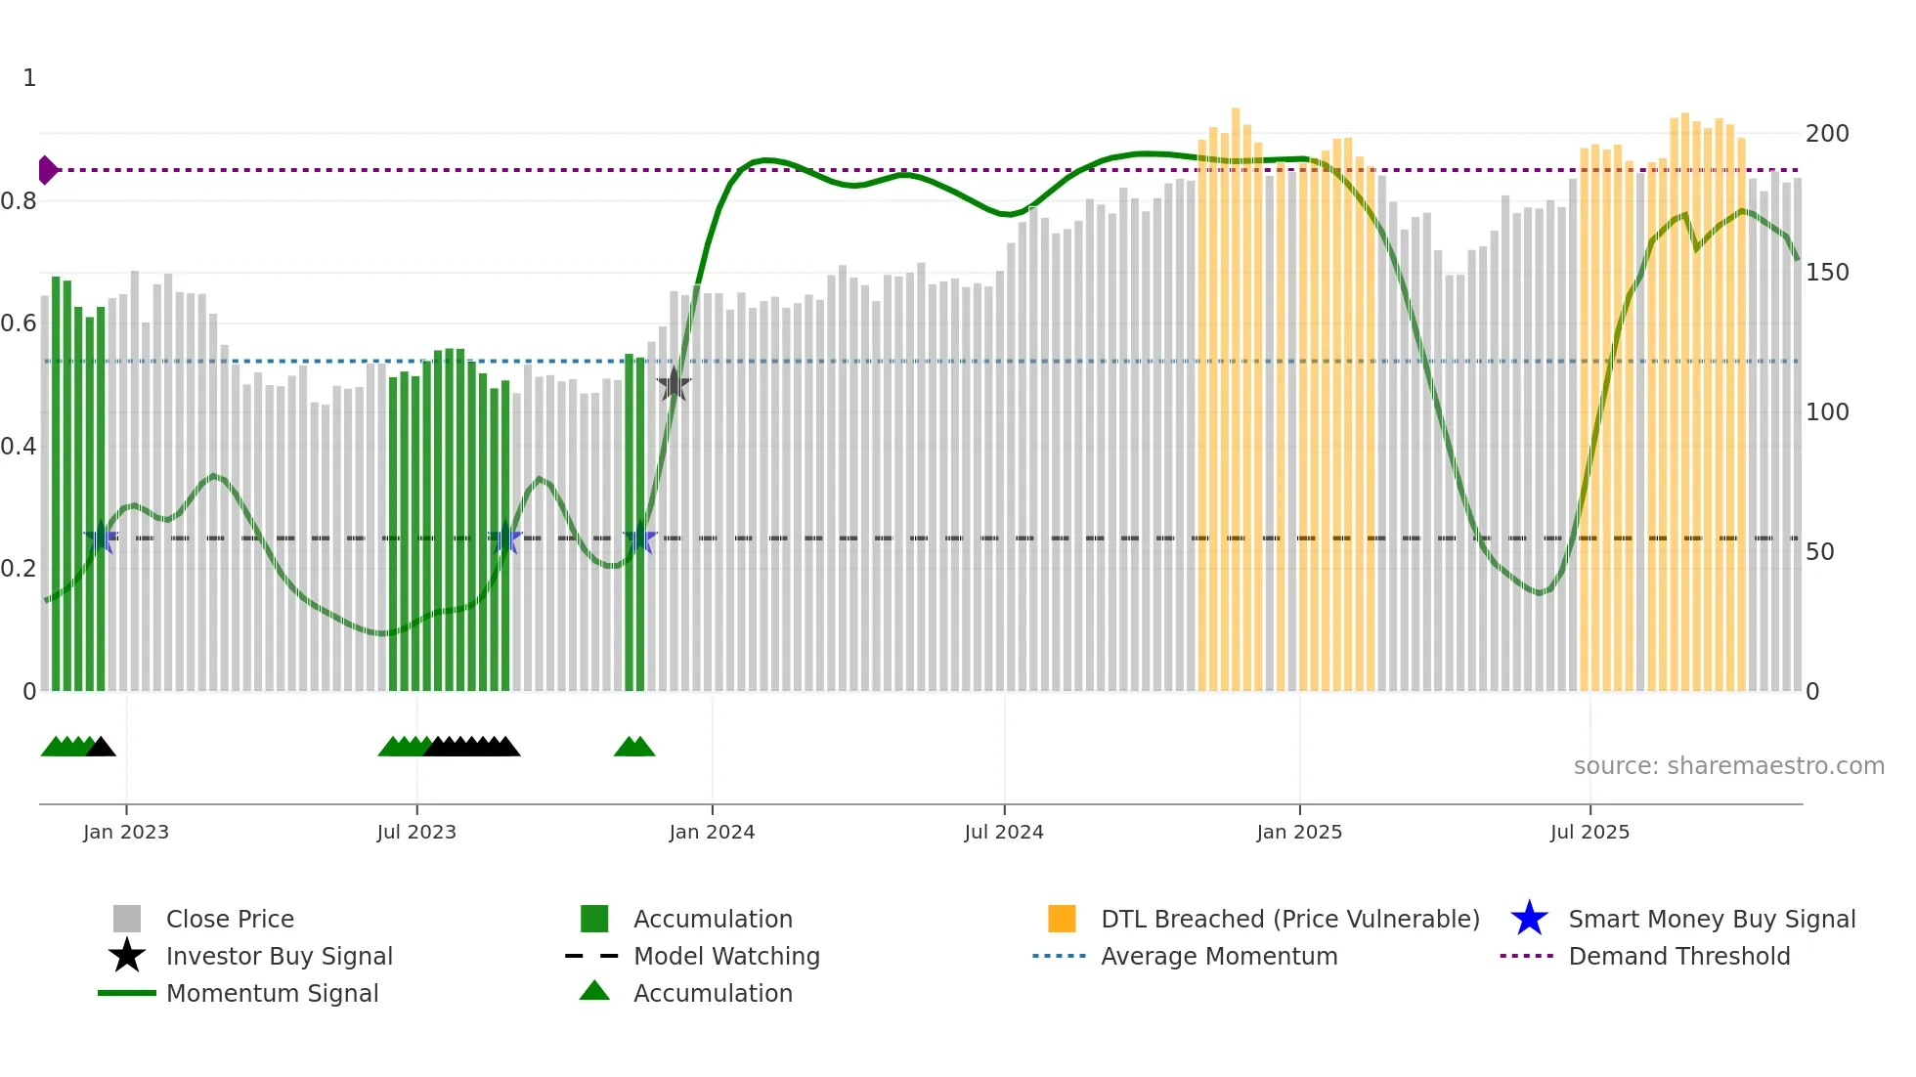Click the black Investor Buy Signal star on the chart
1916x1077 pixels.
tap(674, 385)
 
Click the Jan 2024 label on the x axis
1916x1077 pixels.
tap(712, 832)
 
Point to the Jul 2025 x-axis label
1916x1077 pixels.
tap(1589, 832)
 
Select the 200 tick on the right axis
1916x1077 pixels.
tap(1826, 134)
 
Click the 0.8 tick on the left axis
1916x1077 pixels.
tap(19, 201)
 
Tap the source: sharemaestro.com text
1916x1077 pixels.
tap(1728, 766)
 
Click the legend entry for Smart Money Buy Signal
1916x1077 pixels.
tap(1711, 919)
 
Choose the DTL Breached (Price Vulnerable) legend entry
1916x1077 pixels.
tap(1289, 919)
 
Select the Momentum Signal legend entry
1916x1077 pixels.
tap(272, 993)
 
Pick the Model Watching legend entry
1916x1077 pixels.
tap(725, 956)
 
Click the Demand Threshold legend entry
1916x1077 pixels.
tap(1678, 956)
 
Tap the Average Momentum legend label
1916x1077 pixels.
tap(1218, 956)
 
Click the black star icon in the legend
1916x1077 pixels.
tap(127, 956)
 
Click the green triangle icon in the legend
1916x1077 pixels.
tap(594, 991)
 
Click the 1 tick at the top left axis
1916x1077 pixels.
tap(29, 78)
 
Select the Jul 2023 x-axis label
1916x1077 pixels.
tap(416, 832)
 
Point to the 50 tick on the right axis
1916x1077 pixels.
tap(1819, 552)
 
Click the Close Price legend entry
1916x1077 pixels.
tap(229, 919)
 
